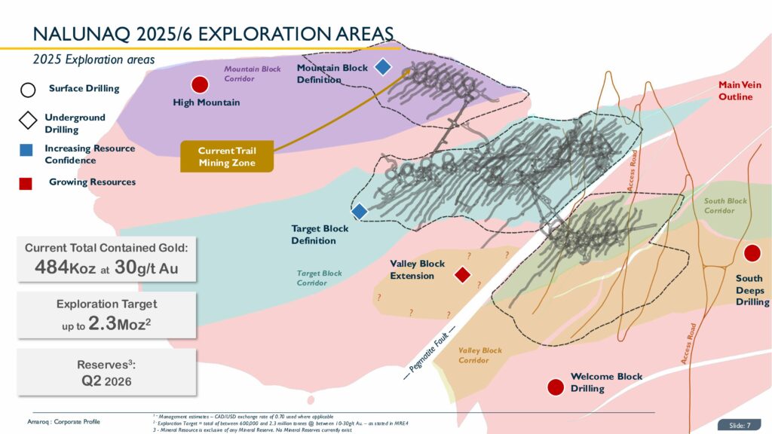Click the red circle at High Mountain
point(200,84)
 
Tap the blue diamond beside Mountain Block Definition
point(383,67)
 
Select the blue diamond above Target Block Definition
point(360,212)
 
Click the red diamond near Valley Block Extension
point(463,275)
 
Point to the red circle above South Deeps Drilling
point(752,254)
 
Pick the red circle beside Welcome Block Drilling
point(556,387)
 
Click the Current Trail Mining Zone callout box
point(227,156)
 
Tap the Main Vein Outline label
point(740,90)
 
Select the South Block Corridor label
point(725,206)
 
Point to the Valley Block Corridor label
point(479,355)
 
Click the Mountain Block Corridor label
point(252,73)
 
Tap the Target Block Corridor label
point(319,278)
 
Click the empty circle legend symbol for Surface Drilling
point(27,90)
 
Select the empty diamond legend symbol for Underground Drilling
point(27,120)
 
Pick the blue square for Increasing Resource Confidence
point(26,150)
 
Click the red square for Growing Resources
point(26,182)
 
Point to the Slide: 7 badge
point(743,423)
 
